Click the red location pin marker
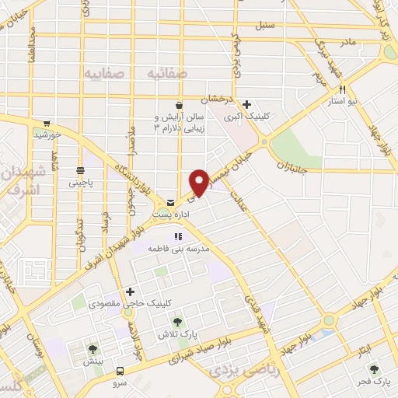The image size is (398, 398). click(201, 181)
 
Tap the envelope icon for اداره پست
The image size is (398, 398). click(170, 202)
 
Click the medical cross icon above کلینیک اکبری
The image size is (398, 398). click(246, 105)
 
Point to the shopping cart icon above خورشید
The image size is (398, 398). click(47, 123)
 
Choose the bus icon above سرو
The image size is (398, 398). click(120, 371)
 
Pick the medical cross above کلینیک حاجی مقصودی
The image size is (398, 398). click(141, 291)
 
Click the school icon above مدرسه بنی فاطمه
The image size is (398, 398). click(178, 236)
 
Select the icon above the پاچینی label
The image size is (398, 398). click(81, 171)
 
